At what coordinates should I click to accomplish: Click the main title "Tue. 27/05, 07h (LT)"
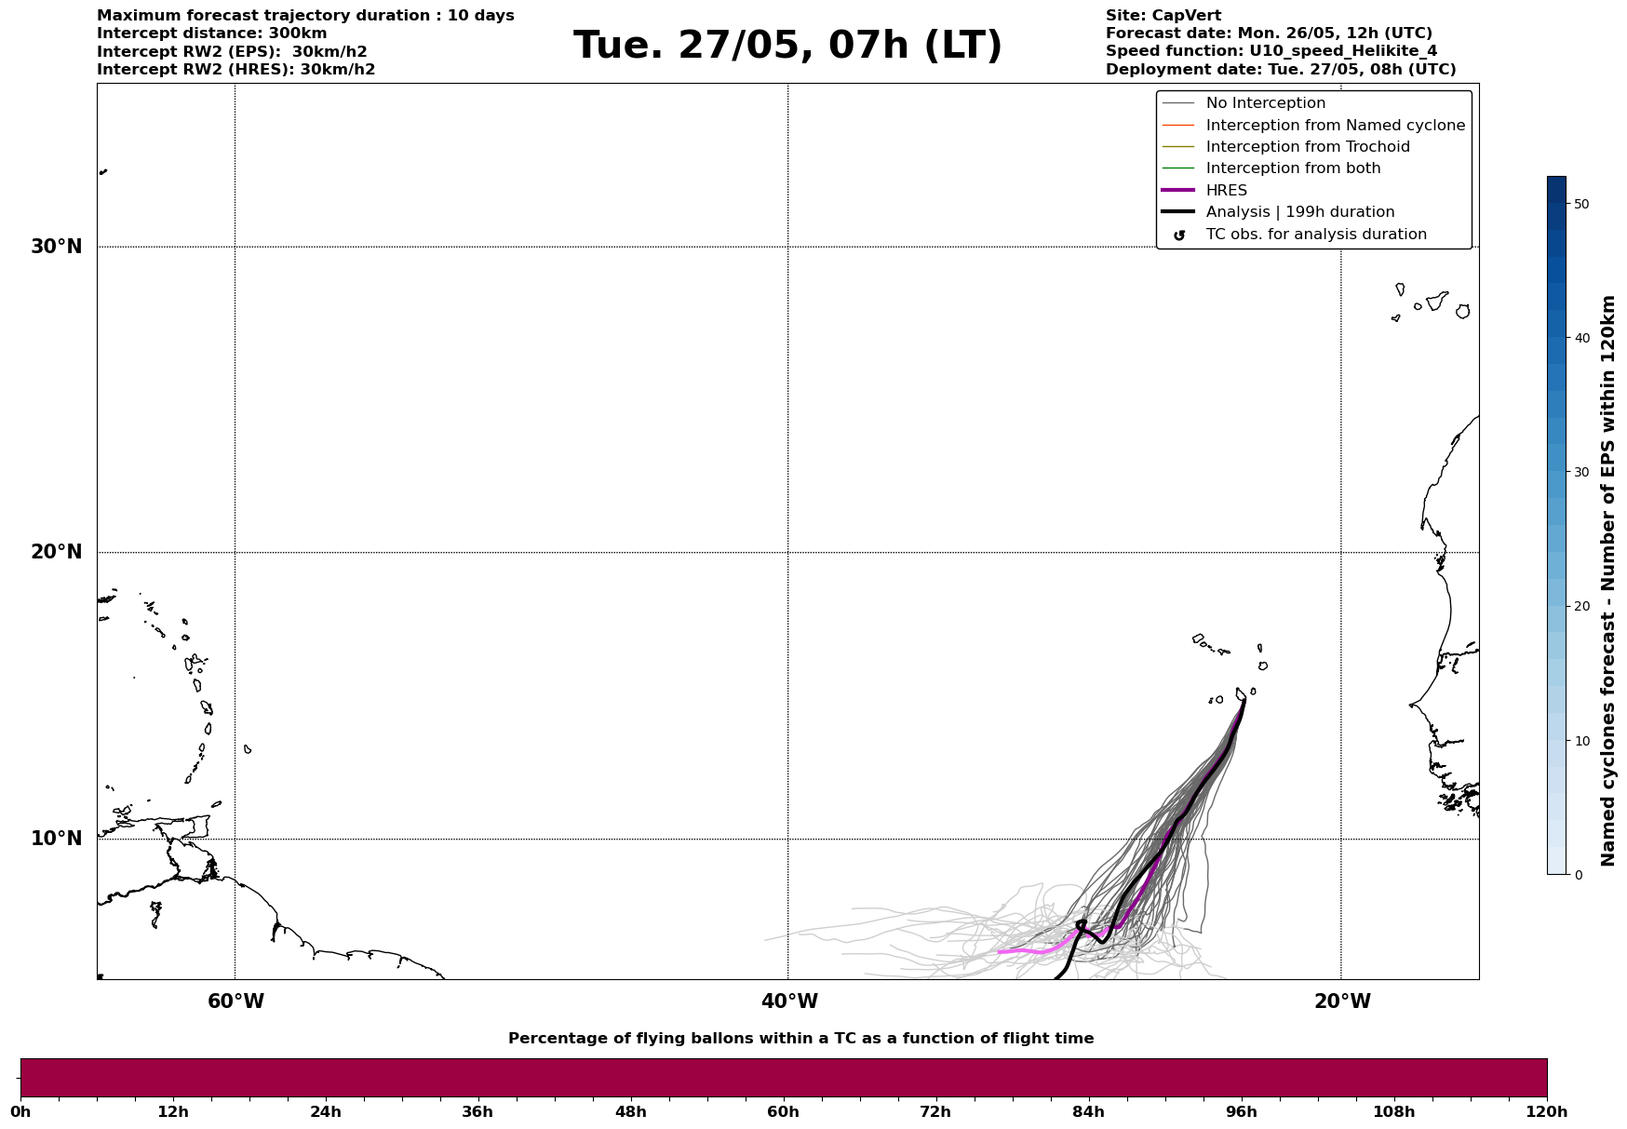coord(787,46)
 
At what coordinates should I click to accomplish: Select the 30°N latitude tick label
coord(57,247)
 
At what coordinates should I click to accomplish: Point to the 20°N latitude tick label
coord(57,552)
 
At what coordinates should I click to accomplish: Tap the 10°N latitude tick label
coord(57,839)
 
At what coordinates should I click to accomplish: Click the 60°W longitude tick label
coord(235,1001)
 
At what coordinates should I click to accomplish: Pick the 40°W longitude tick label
coord(789,1001)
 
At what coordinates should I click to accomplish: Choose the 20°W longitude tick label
coord(1342,1001)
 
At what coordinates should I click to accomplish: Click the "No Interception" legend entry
coord(1265,103)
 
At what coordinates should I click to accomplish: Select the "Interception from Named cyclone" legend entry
coord(1335,126)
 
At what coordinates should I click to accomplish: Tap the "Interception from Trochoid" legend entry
coord(1307,147)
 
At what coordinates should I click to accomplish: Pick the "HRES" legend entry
coord(1226,191)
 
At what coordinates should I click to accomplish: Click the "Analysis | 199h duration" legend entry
coord(1299,212)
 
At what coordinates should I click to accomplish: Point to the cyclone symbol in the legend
coord(1179,235)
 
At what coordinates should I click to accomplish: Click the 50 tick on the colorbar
coord(1580,204)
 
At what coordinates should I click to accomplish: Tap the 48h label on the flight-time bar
coord(630,1112)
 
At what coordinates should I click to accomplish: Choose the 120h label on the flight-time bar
coord(1547,1112)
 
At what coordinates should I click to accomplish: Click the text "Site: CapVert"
coord(1163,16)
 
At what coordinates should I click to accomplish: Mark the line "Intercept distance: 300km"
coord(211,34)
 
